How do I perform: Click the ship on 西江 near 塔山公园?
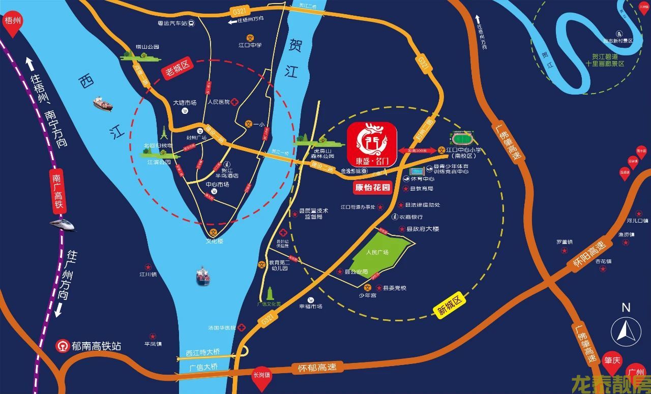click(x=102, y=104)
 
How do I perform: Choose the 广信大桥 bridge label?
click(x=203, y=367)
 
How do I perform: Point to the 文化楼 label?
click(x=214, y=241)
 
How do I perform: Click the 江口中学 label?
click(x=250, y=45)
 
